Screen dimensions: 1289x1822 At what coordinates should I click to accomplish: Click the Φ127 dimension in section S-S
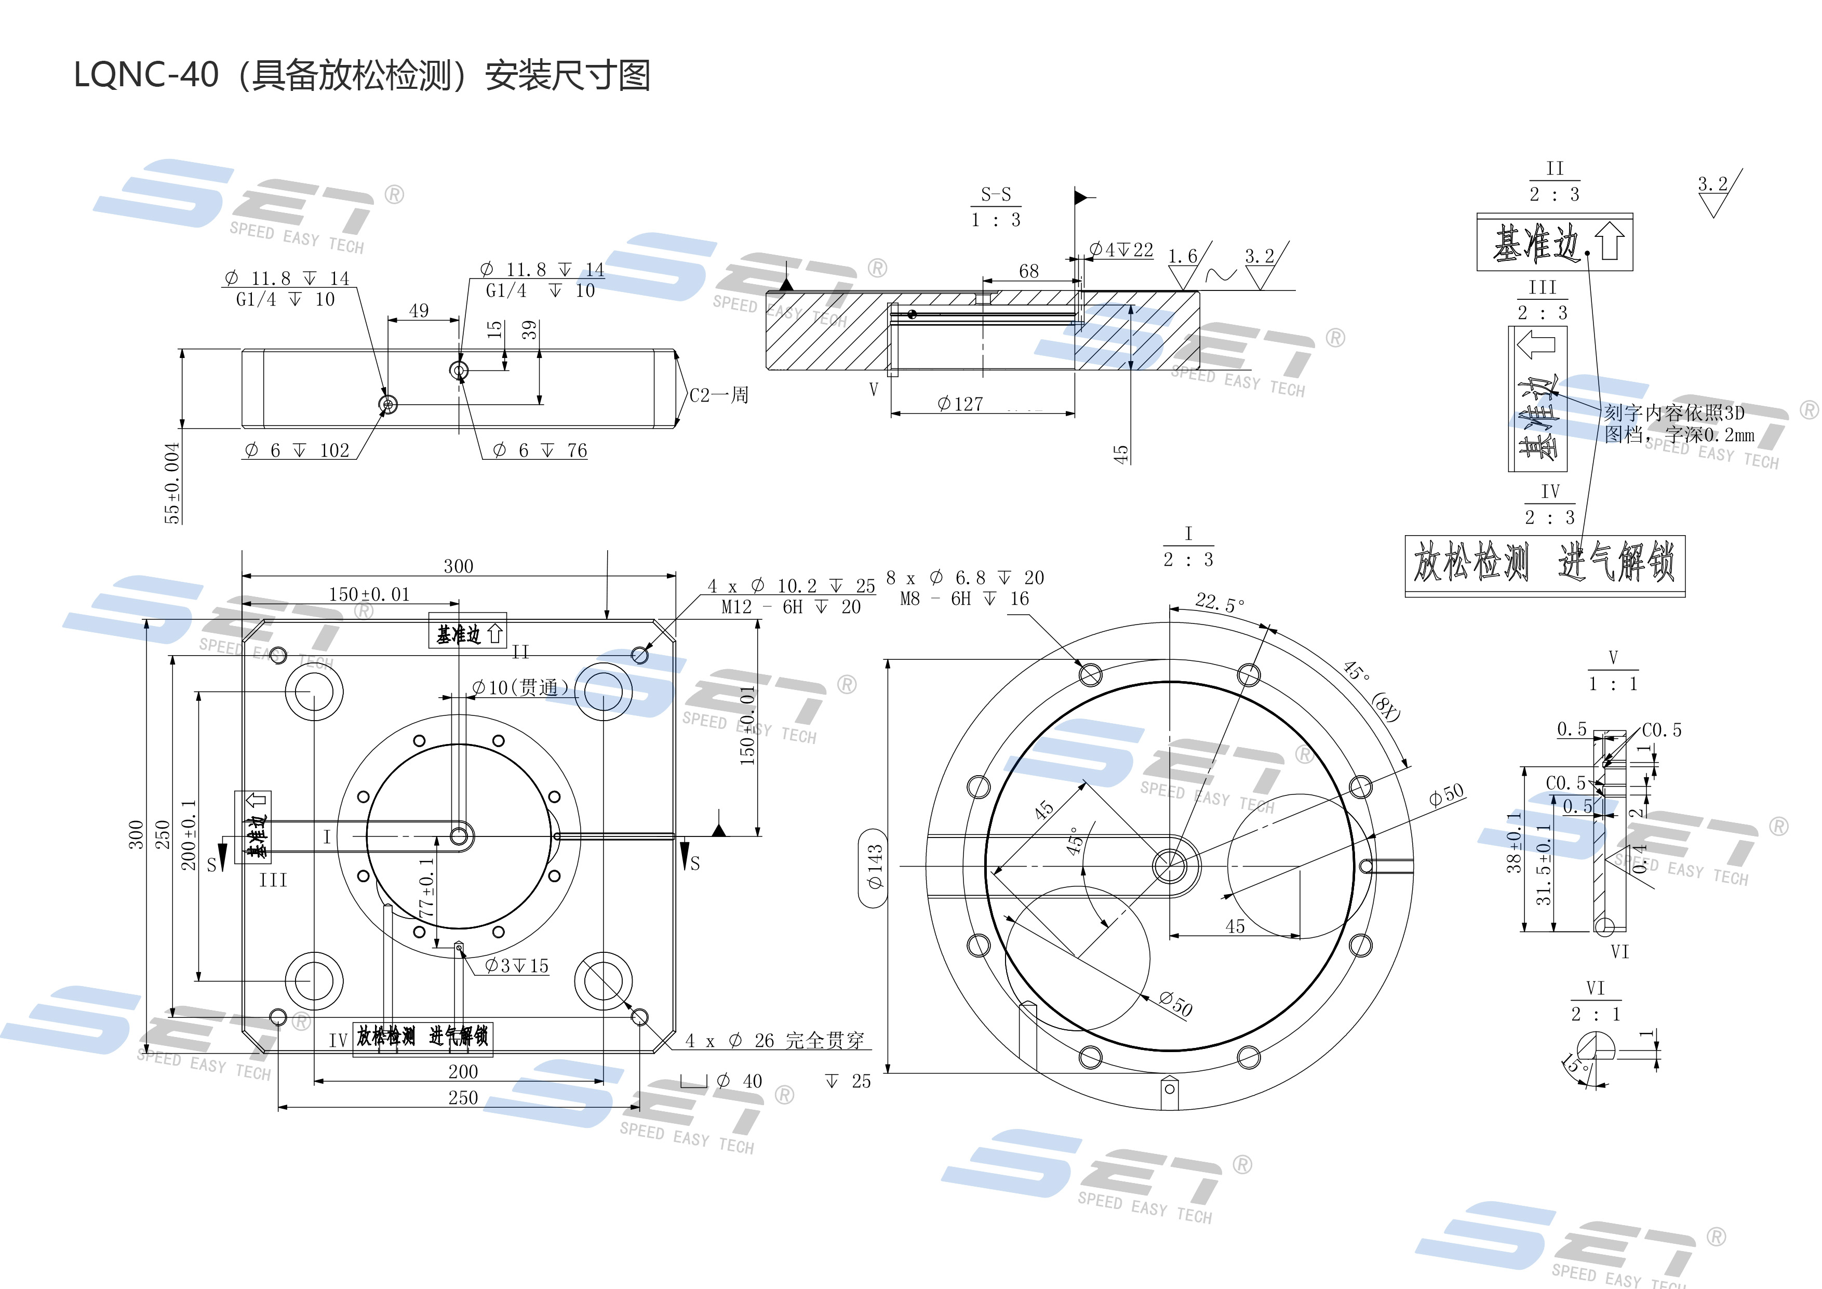click(960, 404)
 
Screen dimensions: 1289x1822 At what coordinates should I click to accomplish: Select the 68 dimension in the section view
click(1028, 271)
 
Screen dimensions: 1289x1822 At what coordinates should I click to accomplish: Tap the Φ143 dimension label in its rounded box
click(875, 866)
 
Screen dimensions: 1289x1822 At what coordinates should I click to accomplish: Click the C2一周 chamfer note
click(718, 395)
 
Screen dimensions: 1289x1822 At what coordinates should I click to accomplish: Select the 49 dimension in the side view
click(419, 310)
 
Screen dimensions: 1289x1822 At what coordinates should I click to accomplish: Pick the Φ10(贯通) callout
click(520, 687)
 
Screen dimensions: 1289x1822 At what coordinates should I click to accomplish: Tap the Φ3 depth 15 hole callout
click(517, 966)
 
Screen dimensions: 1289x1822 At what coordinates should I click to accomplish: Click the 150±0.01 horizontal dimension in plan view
click(369, 594)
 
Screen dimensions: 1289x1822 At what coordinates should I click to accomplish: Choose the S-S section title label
click(996, 194)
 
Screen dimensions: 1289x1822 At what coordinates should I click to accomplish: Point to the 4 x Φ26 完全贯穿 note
click(774, 1041)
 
